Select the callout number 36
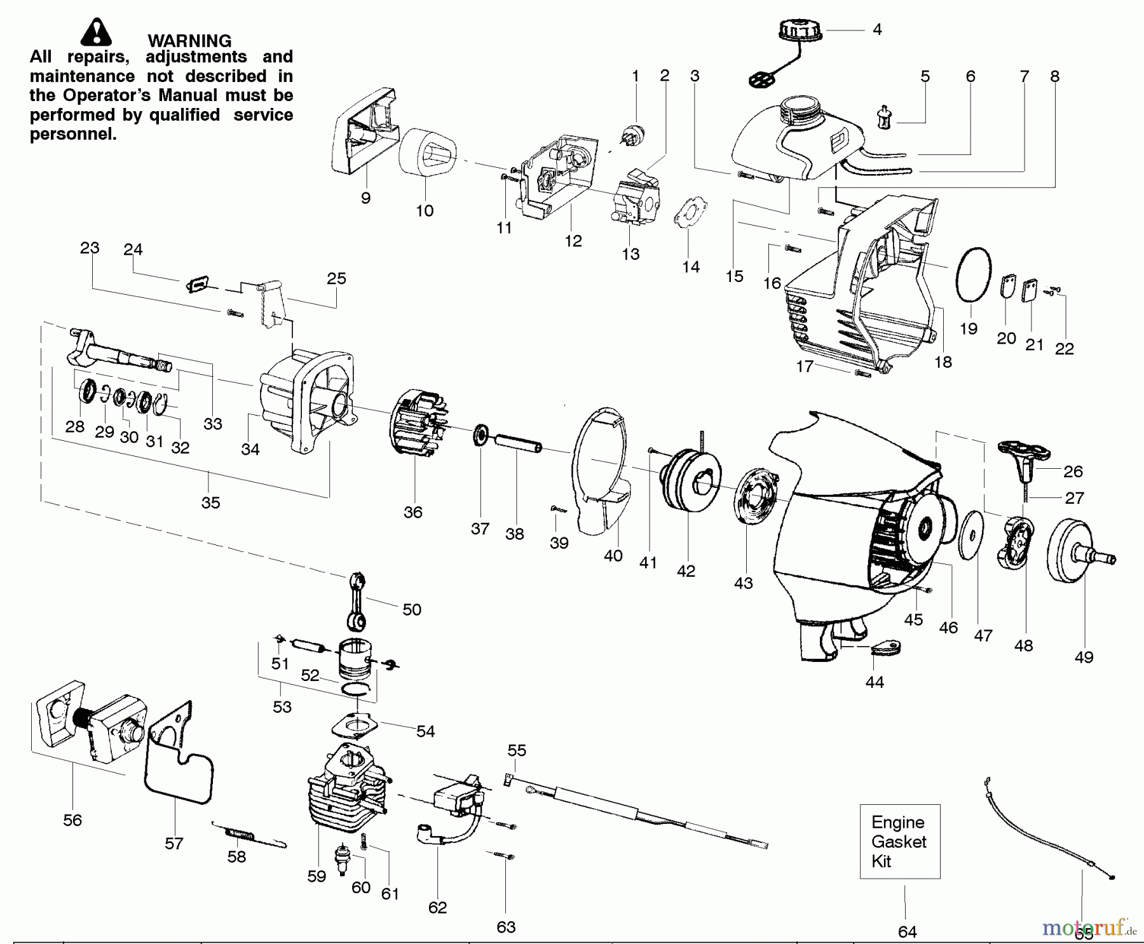412,512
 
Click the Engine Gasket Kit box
899,842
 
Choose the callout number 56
72,820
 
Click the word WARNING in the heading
189,41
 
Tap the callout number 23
90,248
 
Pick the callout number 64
907,932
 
